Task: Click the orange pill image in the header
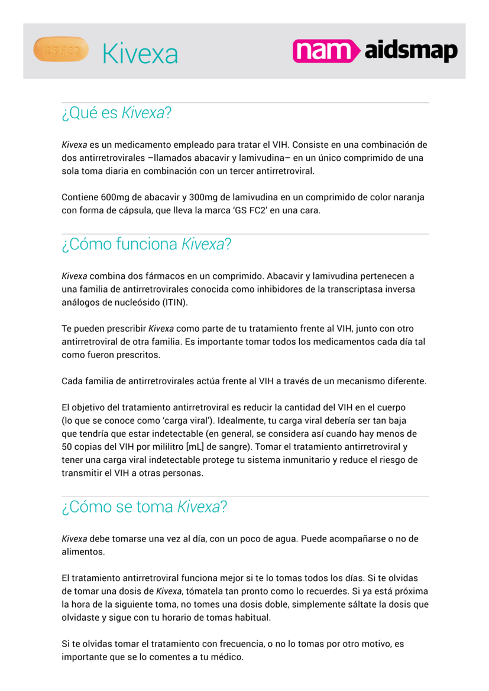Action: point(61,50)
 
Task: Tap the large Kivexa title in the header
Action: point(140,54)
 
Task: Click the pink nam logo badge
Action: point(325,51)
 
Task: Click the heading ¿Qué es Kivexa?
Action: point(116,113)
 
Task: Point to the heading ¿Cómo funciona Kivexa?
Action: point(146,244)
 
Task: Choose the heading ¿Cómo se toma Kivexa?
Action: point(144,507)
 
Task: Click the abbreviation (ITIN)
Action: point(175,303)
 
